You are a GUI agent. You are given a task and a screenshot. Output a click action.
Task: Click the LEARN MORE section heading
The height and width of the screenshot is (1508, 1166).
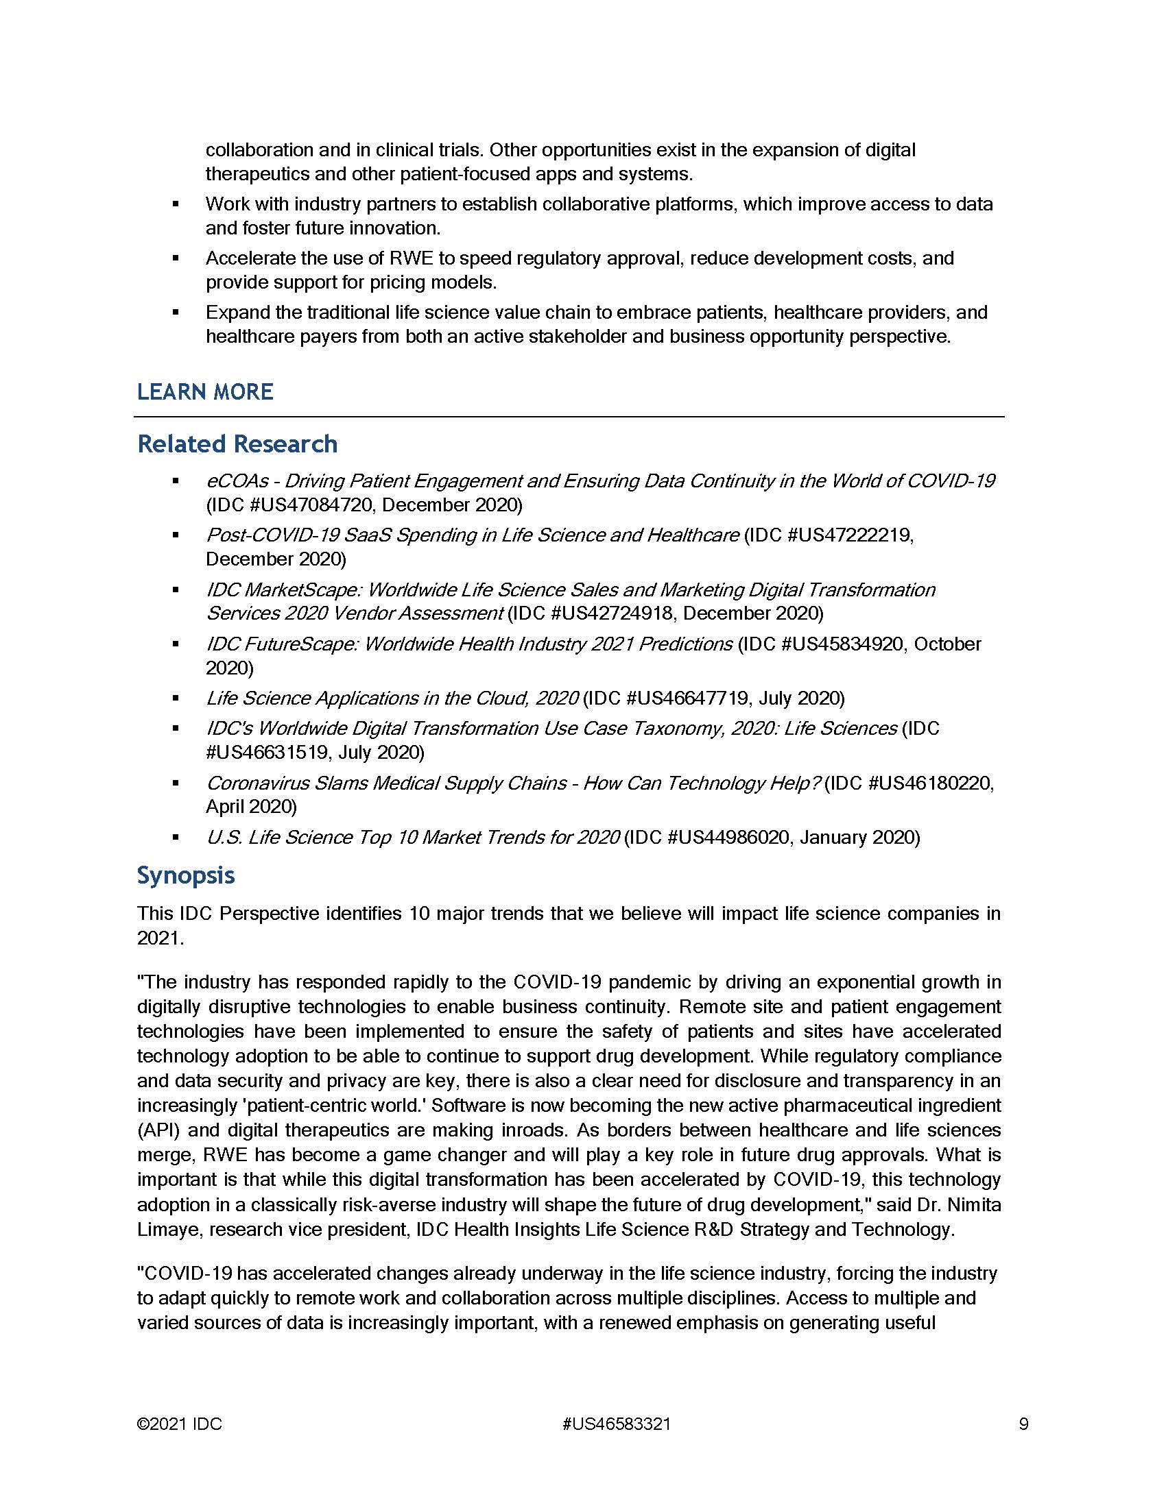(205, 391)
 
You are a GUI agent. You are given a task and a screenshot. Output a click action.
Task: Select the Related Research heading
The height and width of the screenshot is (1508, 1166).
(237, 443)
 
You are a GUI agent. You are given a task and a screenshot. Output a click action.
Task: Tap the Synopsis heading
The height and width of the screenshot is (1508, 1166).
(186, 875)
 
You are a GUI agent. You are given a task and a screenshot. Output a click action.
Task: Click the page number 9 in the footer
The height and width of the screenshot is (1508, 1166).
(1024, 1424)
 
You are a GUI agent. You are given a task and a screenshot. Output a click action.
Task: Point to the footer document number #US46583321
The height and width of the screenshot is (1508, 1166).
(616, 1424)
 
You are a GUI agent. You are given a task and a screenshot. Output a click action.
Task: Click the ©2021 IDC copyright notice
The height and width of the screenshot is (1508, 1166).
(179, 1424)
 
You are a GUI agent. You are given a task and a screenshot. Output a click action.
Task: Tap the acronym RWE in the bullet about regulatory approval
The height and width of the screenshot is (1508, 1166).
(411, 258)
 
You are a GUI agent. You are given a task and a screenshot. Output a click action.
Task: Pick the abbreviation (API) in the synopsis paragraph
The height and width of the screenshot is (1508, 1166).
(157, 1130)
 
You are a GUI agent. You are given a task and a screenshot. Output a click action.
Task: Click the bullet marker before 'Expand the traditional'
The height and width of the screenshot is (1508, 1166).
(176, 313)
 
